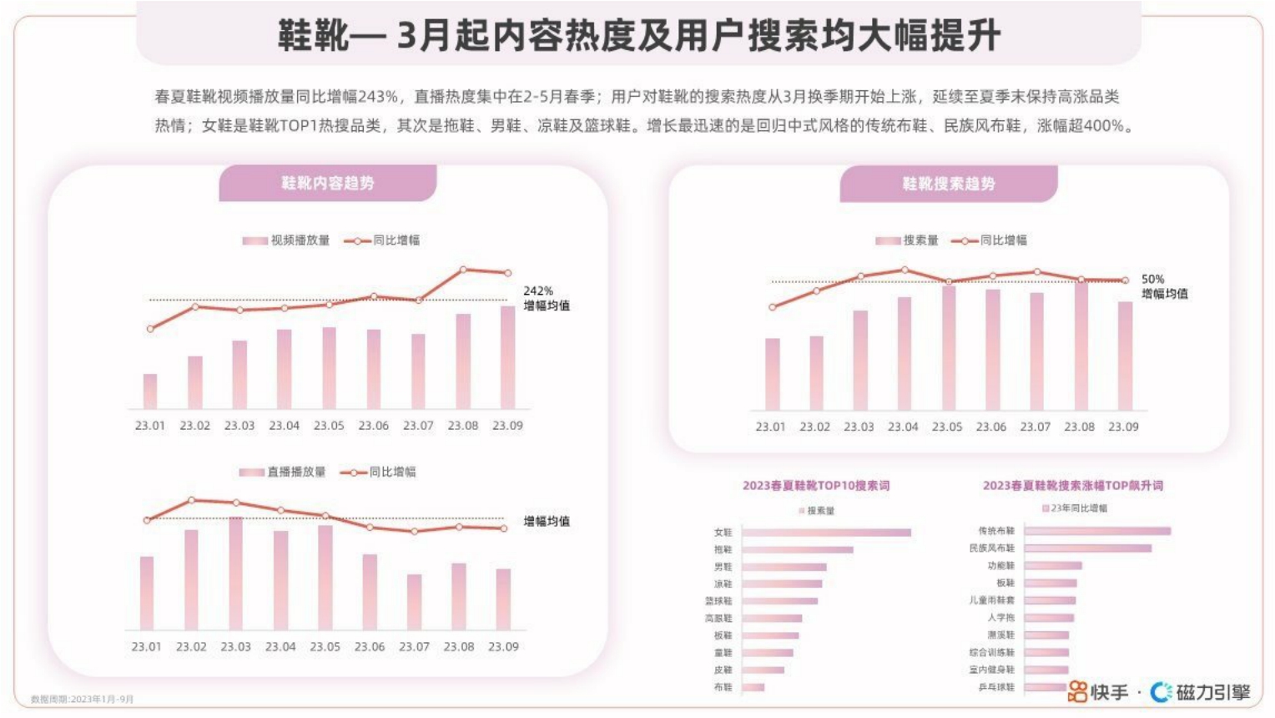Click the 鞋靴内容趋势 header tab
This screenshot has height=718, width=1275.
click(x=327, y=183)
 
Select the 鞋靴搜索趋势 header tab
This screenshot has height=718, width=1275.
click(x=948, y=184)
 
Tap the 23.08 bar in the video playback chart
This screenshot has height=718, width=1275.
click(x=463, y=361)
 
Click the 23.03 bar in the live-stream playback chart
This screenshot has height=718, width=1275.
click(x=236, y=573)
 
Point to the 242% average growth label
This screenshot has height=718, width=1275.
click(x=538, y=291)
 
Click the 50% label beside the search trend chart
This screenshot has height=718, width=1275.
click(x=1152, y=279)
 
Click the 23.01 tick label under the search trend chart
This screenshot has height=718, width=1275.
click(x=770, y=427)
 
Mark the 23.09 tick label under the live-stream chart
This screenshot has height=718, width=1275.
click(x=503, y=646)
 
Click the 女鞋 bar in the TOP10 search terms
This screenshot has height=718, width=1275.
click(x=826, y=532)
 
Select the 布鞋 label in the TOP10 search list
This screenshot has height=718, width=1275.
click(x=723, y=687)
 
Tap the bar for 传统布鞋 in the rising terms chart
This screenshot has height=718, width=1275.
click(x=1097, y=530)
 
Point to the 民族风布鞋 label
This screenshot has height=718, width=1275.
click(x=991, y=549)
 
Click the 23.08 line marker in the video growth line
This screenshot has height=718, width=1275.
click(x=463, y=270)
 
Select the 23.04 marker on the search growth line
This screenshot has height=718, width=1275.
click(x=905, y=270)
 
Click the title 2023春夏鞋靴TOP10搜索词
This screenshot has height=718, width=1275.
click(x=816, y=485)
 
